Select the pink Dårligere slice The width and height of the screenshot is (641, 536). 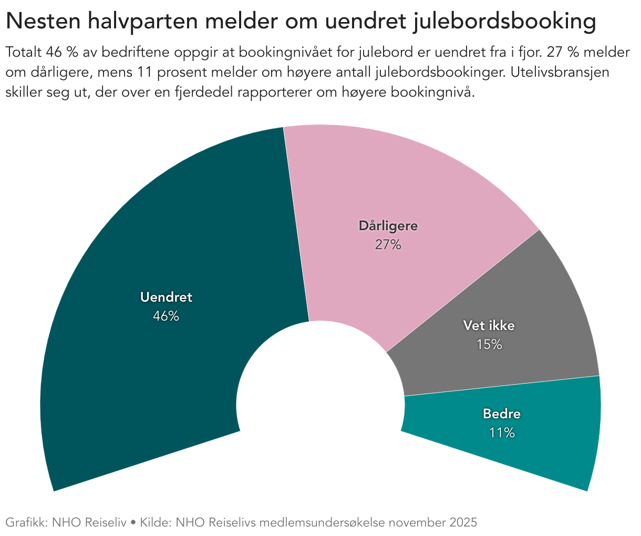tap(399, 184)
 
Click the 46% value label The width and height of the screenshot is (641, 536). tap(166, 316)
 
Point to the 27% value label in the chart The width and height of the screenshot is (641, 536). tap(388, 245)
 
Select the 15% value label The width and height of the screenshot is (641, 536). tap(489, 345)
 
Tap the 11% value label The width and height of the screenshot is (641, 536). tap(502, 433)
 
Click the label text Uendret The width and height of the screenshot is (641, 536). tap(166, 297)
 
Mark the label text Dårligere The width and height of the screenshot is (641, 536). tap(388, 226)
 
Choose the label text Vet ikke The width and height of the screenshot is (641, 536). tap(489, 326)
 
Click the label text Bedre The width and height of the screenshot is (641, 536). tap(502, 414)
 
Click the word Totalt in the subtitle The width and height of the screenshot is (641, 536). tap(23, 53)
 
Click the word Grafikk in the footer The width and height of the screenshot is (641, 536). tap(26, 523)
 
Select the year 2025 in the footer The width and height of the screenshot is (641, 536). tap(463, 523)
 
